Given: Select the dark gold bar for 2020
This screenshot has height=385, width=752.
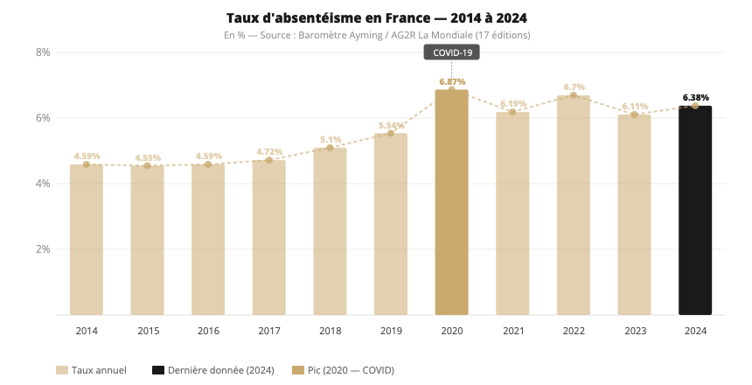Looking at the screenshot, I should (451, 202).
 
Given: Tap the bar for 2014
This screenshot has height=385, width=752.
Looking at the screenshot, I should (87, 240).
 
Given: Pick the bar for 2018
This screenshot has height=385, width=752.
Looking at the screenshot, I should (330, 231).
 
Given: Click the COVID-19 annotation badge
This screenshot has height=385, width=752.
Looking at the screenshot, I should (452, 52).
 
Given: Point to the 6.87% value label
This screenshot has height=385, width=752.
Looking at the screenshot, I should (452, 81).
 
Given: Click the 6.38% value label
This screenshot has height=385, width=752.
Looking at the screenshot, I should (695, 97).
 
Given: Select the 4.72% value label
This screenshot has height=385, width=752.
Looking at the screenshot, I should (269, 151).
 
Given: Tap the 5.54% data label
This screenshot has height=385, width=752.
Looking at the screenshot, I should (391, 125).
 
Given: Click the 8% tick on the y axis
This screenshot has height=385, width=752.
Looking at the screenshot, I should (42, 52).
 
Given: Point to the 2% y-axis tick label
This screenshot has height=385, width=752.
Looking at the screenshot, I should (42, 249).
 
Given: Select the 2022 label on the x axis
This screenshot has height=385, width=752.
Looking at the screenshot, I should (574, 331).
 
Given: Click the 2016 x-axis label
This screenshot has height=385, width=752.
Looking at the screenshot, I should (208, 331).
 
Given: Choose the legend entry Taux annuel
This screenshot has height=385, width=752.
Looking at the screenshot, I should (91, 370).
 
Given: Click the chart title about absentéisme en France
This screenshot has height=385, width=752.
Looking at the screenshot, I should (376, 17).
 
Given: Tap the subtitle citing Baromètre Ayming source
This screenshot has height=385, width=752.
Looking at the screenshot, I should (376, 35).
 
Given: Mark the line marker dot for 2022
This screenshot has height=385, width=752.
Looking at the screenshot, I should (574, 95).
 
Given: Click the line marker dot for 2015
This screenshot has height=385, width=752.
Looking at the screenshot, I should (148, 166).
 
